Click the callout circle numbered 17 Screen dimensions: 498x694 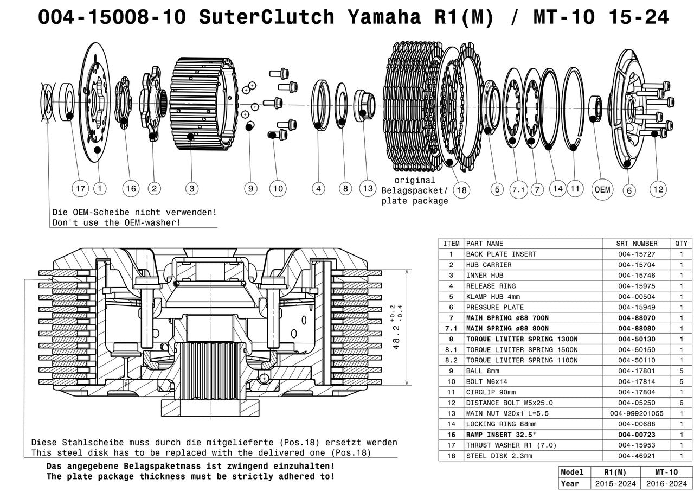click(81, 189)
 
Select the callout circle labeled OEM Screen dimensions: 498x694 click(602, 189)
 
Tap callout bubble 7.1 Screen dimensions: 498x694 click(519, 189)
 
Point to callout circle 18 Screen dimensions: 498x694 click(462, 189)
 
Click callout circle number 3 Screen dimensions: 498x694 click(191, 189)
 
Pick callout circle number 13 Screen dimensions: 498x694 click(368, 188)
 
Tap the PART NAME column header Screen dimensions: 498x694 click(485, 244)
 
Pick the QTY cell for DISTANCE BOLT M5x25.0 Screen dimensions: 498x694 click(681, 403)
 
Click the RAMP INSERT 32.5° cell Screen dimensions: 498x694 click(500, 435)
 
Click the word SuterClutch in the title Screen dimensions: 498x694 click(266, 17)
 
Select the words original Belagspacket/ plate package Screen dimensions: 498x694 click(415, 190)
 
